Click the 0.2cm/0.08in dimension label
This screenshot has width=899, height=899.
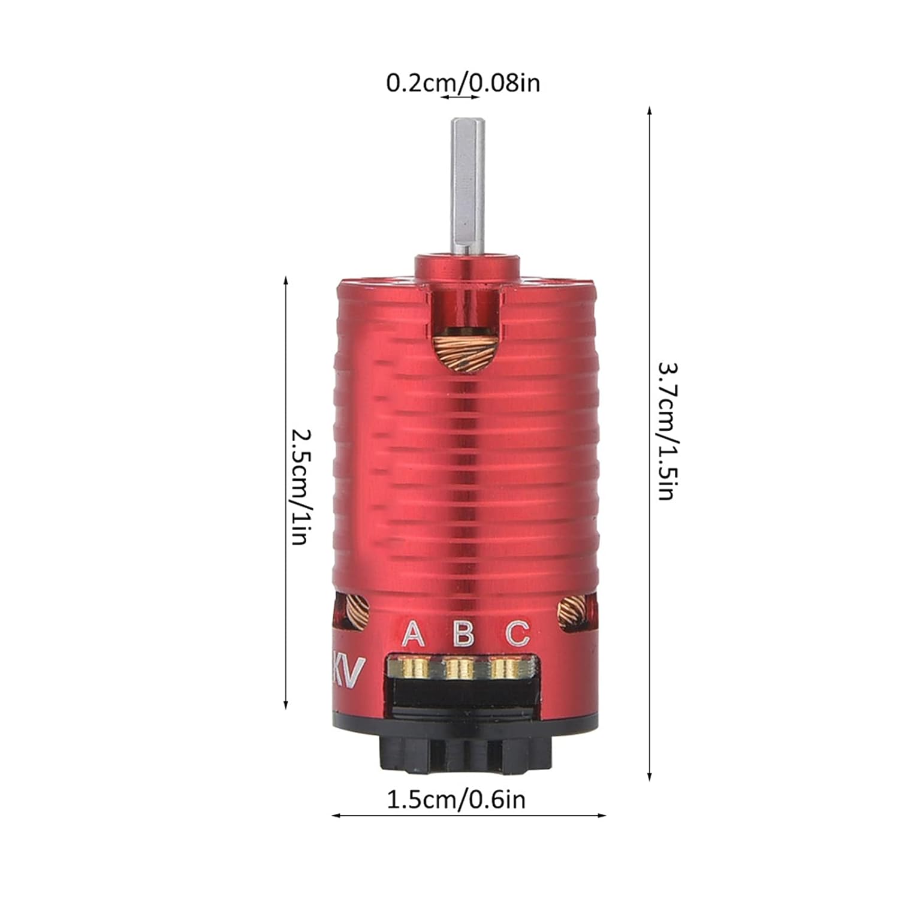(x=463, y=83)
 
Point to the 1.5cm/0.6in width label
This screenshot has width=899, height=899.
(x=455, y=800)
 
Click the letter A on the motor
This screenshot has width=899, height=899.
(x=413, y=633)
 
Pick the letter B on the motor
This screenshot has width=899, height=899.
(x=463, y=633)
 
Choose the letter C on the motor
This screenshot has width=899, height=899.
(x=517, y=633)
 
